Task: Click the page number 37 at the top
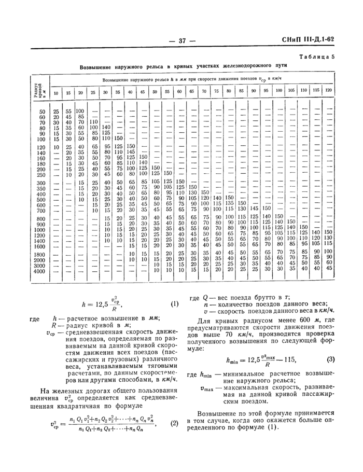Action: pyautogui.click(x=181, y=40)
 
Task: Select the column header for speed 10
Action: pyautogui.click(x=56, y=92)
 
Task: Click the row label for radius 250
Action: pyautogui.click(x=41, y=174)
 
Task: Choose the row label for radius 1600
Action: pyautogui.click(x=40, y=246)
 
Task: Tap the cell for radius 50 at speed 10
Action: pyautogui.click(x=56, y=112)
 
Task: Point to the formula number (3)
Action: pyautogui.click(x=330, y=360)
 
